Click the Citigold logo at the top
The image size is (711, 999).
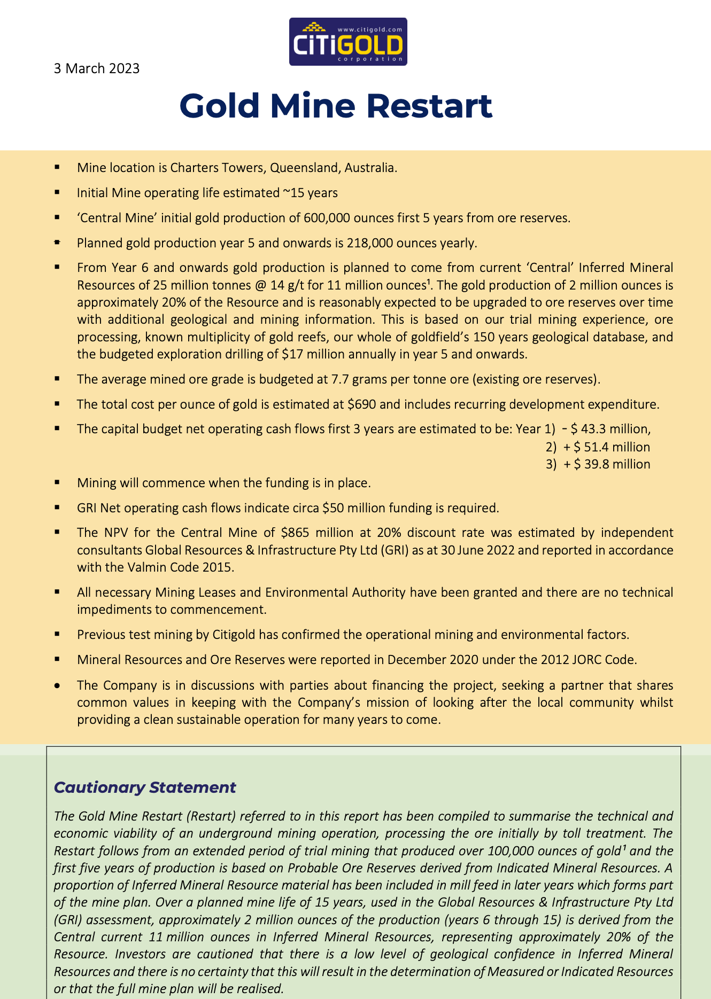[x=348, y=42]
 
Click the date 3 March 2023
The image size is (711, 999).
[x=96, y=68]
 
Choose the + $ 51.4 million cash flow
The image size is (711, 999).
[x=607, y=447]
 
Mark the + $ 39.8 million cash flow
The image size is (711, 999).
[x=607, y=464]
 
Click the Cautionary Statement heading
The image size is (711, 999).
[x=145, y=787]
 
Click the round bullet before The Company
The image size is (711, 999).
[x=57, y=685]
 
